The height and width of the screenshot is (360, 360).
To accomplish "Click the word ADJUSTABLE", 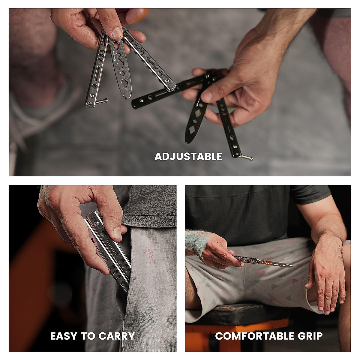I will click(188, 156).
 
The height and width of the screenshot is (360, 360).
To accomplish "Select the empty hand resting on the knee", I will click(325, 282).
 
